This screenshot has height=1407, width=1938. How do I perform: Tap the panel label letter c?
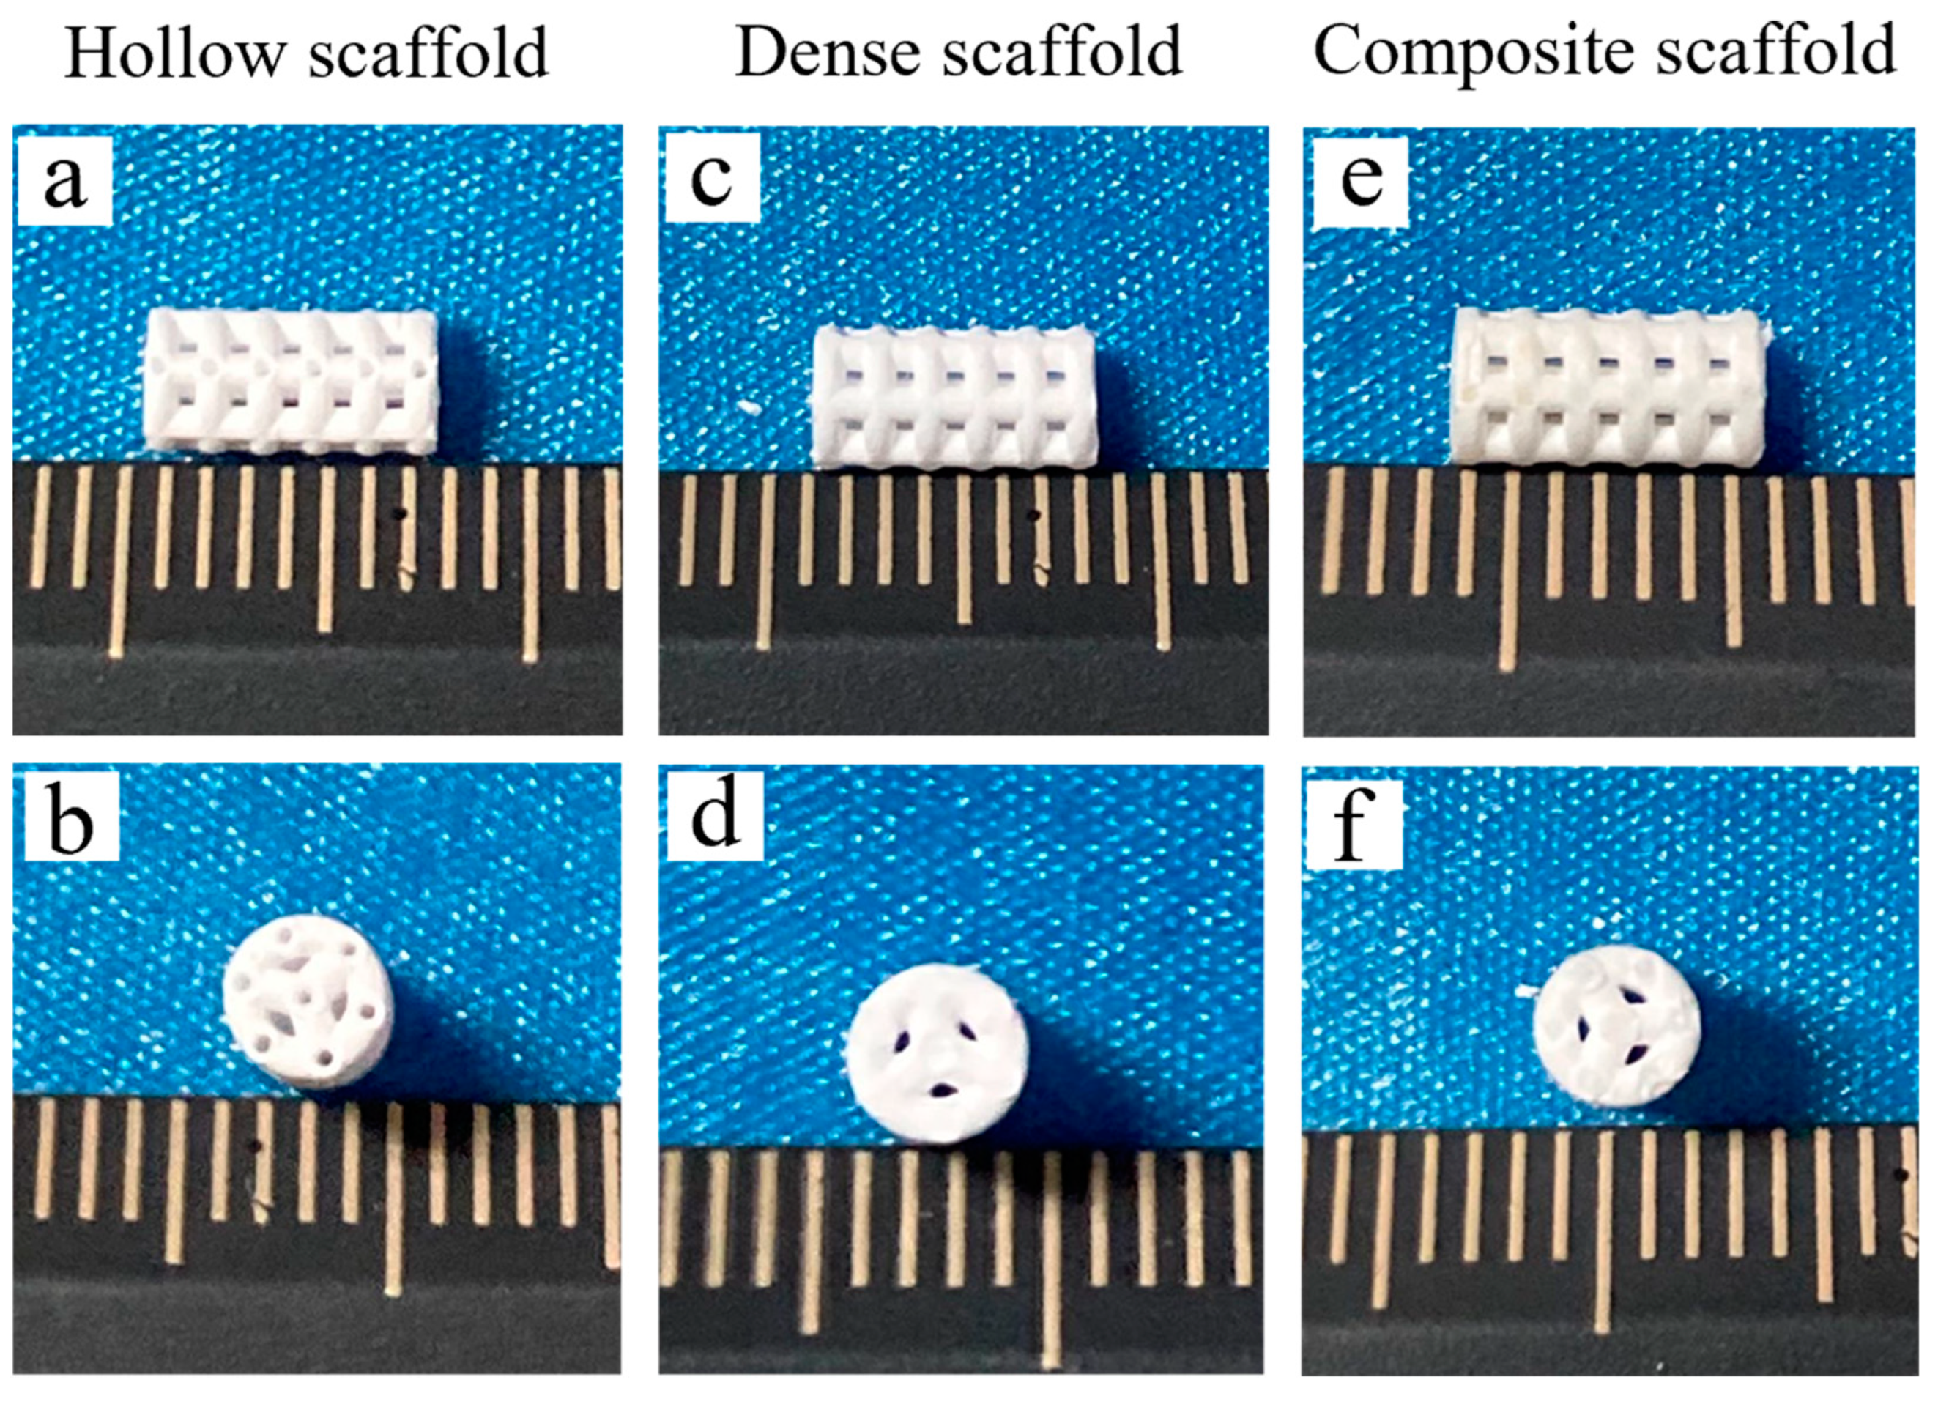point(712,180)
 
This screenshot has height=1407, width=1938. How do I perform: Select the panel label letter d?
point(715,817)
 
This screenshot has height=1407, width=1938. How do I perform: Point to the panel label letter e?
point(1361,180)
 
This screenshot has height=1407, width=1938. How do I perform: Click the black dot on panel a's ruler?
point(399,513)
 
